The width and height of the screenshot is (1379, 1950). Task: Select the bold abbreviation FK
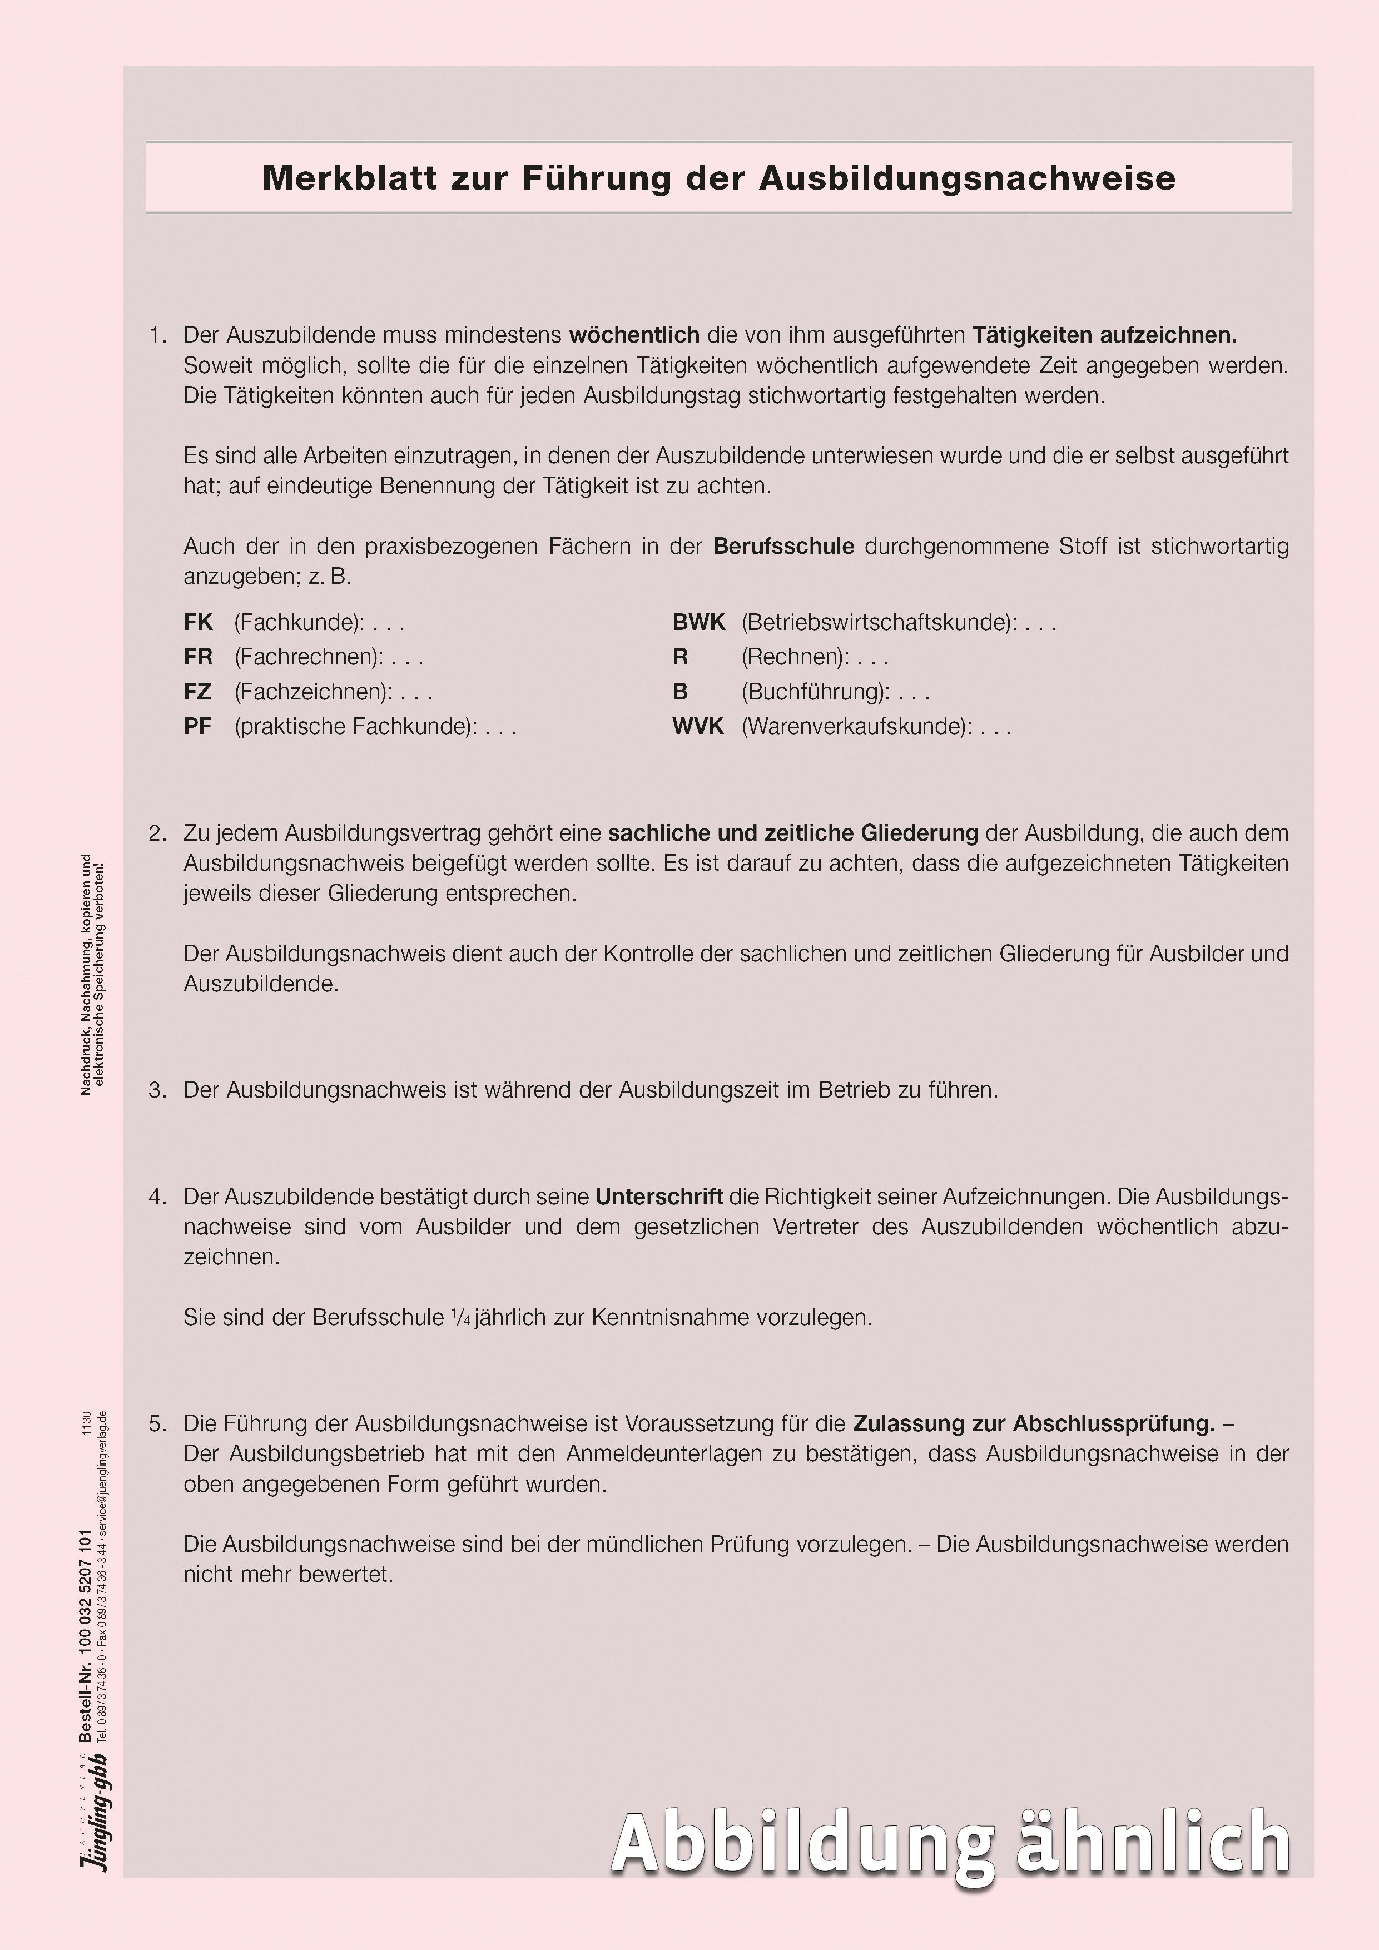coord(198,623)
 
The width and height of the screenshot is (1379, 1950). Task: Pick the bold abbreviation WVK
coord(697,726)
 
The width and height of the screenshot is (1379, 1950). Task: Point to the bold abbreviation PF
coord(197,726)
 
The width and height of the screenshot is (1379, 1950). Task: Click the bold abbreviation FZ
coord(197,691)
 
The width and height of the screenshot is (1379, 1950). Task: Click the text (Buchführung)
coord(814,691)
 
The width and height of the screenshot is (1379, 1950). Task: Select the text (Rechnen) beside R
coord(795,657)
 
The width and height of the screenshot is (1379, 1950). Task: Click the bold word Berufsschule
coord(783,546)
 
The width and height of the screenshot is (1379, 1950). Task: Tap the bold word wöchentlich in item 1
coord(633,335)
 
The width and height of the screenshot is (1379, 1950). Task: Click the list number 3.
coord(157,1090)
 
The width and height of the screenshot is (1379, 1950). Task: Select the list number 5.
coord(157,1423)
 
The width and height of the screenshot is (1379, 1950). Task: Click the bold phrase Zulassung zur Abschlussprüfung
coord(1033,1423)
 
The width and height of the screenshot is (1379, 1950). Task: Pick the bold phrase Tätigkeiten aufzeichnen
coord(1104,335)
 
